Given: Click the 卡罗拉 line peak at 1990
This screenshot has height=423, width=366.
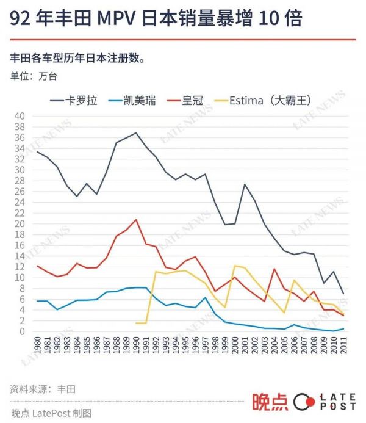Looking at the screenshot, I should click(x=136, y=132).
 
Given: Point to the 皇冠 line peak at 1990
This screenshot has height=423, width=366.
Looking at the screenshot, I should click(x=136, y=219).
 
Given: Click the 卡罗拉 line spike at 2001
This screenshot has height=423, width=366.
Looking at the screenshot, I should click(x=245, y=184).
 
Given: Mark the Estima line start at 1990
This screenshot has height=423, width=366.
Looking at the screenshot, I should click(x=136, y=323).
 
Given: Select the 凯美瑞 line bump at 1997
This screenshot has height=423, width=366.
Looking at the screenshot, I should click(x=205, y=297).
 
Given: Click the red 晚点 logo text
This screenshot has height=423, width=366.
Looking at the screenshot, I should click(x=269, y=402).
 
